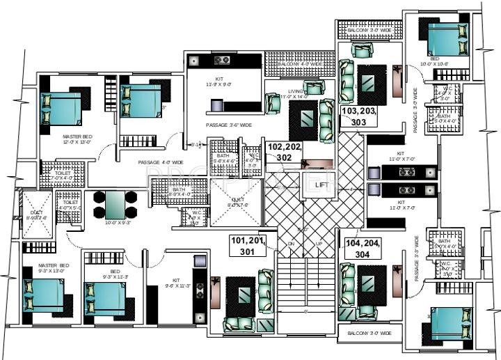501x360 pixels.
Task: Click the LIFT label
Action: (321, 185)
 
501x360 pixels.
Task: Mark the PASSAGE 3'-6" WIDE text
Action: (228, 125)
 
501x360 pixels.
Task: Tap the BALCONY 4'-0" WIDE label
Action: (300, 63)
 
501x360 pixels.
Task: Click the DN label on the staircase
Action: (292, 243)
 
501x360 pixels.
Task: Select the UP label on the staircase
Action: (319, 243)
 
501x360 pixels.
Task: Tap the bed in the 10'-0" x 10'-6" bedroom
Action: (446, 39)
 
